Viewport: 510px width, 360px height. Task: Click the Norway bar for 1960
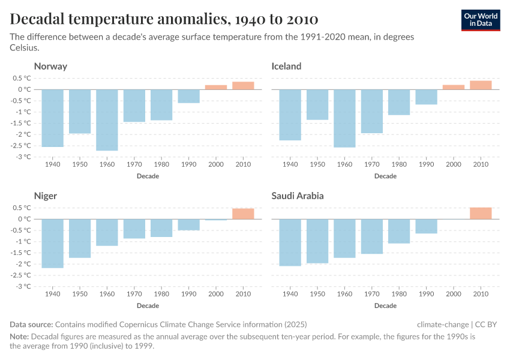107,120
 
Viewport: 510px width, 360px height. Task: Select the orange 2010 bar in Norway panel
243,86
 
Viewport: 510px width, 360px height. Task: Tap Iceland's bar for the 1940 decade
290,115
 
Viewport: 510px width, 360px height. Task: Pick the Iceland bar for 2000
454,87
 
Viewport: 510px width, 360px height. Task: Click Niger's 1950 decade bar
80,238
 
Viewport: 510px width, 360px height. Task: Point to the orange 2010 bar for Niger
243,214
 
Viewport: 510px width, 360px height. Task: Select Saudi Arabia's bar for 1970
372,236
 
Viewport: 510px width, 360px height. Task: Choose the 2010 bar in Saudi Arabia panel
481,213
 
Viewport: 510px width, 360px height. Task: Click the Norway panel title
50,66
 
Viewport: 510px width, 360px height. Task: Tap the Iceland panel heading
286,66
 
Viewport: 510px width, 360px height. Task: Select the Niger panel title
46,196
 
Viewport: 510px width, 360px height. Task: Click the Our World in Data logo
481,20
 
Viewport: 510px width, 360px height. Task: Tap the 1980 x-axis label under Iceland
399,164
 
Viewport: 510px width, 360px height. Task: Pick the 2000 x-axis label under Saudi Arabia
454,294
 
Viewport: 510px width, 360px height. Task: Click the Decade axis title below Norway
148,176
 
